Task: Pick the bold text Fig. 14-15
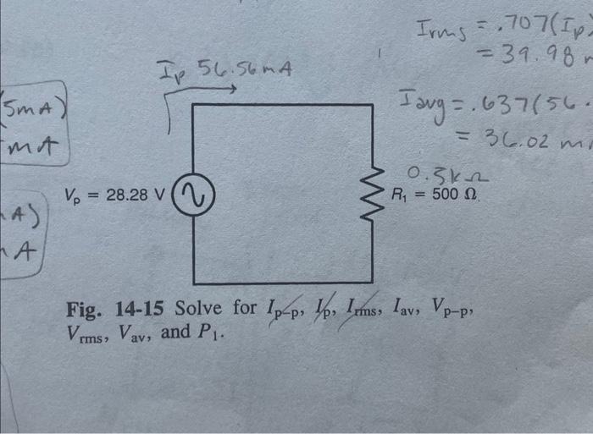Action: [118, 308]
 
